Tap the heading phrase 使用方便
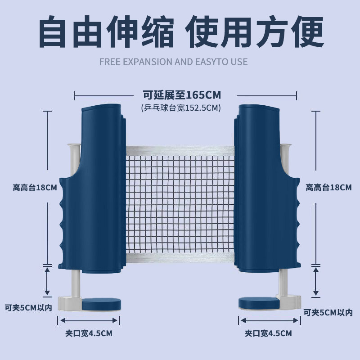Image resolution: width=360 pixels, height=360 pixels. point(255,32)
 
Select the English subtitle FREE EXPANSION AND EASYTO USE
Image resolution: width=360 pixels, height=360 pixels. point(173,62)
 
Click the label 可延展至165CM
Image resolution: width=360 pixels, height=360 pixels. point(181,95)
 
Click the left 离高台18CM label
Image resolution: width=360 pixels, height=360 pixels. point(35,188)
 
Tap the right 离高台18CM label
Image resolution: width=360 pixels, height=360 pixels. point(328,188)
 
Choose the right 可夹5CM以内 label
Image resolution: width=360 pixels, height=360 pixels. point(328,312)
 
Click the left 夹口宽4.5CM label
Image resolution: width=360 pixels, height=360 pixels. point(89,333)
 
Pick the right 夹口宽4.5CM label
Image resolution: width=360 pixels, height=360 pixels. point(268,333)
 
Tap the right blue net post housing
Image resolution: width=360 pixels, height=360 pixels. point(265,189)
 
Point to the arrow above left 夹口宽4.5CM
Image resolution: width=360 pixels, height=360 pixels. point(89,320)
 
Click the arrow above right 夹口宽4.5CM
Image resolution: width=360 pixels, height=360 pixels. point(268,320)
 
